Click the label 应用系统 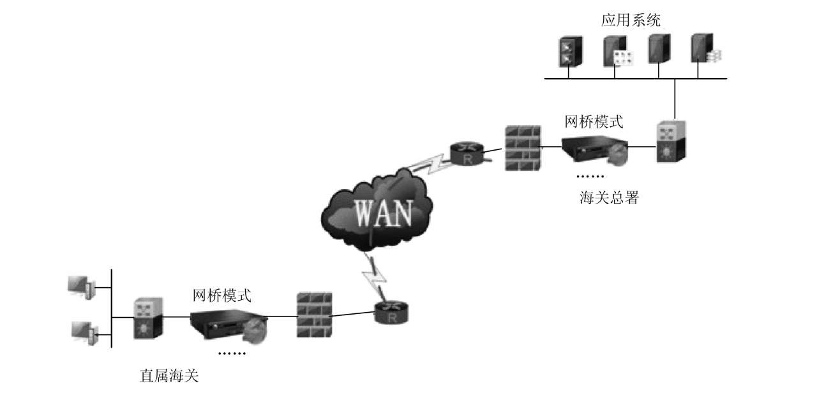(x=631, y=20)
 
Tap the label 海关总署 (x=609, y=198)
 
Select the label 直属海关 (x=169, y=376)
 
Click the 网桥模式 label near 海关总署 (x=594, y=121)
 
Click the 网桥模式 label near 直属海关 (x=222, y=295)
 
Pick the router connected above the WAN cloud (x=468, y=152)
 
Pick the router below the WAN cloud (x=393, y=313)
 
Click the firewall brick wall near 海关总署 (x=522, y=148)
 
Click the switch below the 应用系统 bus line (x=671, y=141)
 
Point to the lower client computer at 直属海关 (x=84, y=332)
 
